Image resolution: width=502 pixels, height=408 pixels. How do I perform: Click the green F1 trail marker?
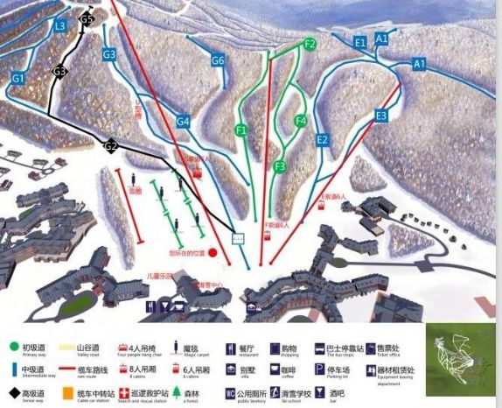click(241, 130)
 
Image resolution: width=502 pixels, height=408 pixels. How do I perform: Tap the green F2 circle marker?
click(310, 44)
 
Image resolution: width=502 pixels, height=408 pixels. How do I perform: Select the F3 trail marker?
click(280, 165)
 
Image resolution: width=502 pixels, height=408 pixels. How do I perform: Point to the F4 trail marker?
click(301, 121)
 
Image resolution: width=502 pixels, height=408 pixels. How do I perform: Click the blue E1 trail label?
click(360, 42)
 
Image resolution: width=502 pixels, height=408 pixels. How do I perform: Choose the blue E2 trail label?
click(322, 139)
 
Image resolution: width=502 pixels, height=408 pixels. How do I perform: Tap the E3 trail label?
click(380, 116)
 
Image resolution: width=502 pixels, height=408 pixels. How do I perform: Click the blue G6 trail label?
click(218, 60)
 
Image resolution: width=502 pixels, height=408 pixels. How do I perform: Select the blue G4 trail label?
click(183, 122)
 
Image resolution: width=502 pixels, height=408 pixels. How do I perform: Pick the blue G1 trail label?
click(17, 79)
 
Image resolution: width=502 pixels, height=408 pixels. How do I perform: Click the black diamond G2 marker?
click(111, 146)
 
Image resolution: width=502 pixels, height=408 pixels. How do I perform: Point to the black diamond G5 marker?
click(86, 18)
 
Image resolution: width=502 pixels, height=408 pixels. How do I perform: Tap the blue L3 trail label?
click(59, 26)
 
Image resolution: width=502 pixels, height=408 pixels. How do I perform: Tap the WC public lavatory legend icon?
click(231, 393)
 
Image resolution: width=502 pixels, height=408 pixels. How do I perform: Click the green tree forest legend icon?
click(176, 393)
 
